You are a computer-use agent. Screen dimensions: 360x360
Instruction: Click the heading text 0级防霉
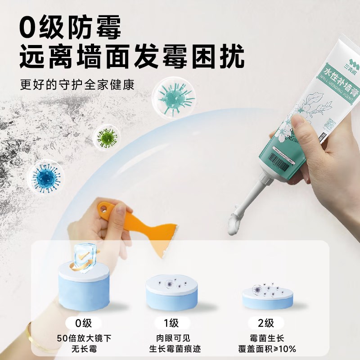(x=71, y=28)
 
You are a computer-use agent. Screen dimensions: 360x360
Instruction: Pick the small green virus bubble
(x=107, y=136)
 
